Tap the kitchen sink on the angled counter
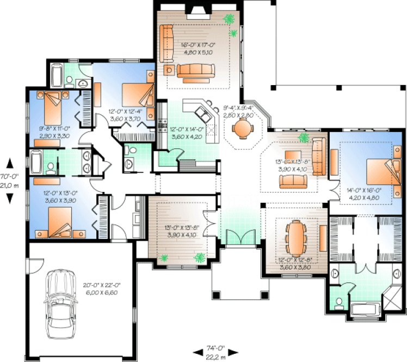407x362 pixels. (x=206, y=113)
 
